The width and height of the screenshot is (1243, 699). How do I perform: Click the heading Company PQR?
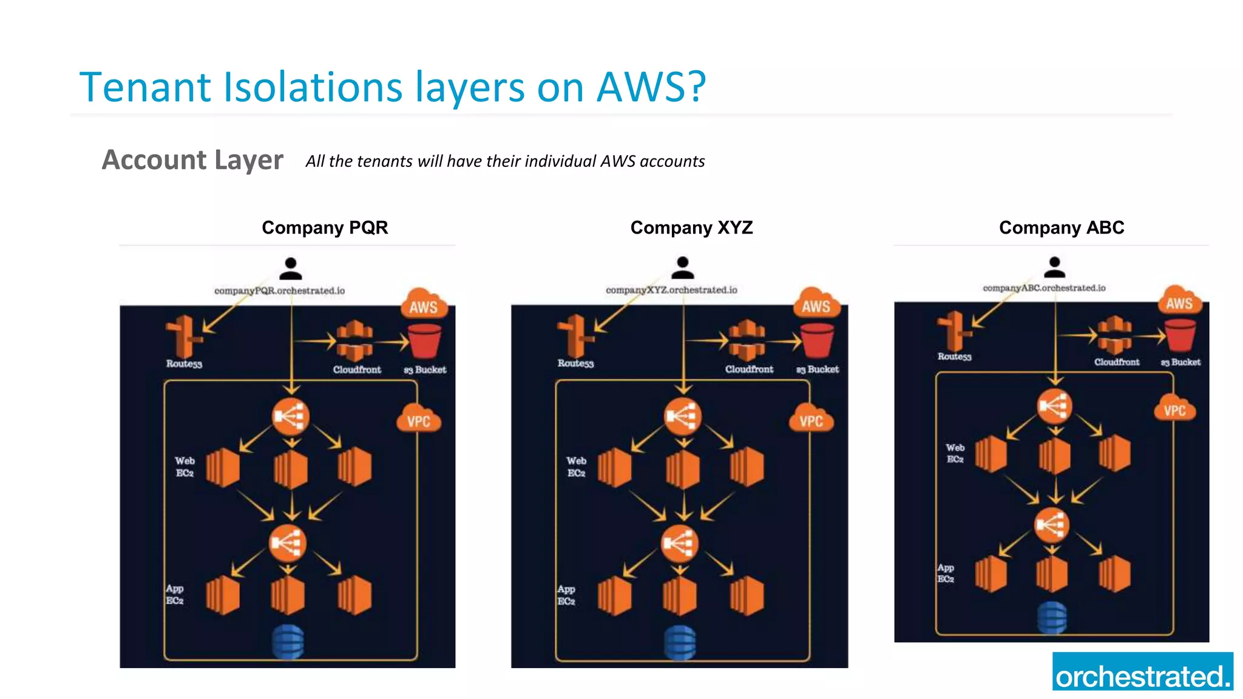pyautogui.click(x=325, y=228)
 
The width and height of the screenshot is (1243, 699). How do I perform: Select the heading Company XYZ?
pyautogui.click(x=691, y=228)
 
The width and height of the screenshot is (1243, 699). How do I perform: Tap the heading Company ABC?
pyautogui.click(x=1062, y=228)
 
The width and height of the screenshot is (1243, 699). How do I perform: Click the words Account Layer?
pyautogui.click(x=192, y=160)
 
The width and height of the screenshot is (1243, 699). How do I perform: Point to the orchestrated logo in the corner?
pyautogui.click(x=1142, y=672)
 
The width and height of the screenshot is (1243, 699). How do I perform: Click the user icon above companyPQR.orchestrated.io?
pyautogui.click(x=291, y=268)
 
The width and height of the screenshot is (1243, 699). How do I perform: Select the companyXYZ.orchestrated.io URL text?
pyautogui.click(x=671, y=290)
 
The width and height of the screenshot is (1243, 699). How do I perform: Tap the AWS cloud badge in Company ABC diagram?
pyautogui.click(x=1179, y=302)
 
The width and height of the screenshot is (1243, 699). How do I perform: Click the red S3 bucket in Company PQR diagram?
pyautogui.click(x=425, y=342)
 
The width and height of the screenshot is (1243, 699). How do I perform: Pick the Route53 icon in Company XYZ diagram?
pyautogui.click(x=574, y=336)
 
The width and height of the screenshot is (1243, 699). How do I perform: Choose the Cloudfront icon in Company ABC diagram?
pyautogui.click(x=1115, y=335)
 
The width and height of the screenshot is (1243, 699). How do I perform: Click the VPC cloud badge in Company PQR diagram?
pyautogui.click(x=419, y=420)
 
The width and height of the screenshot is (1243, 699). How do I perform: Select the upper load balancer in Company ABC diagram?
pyautogui.click(x=1054, y=405)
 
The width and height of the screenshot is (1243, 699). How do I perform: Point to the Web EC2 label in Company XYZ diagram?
pyautogui.click(x=576, y=467)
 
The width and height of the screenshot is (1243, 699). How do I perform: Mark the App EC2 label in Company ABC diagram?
pyautogui.click(x=946, y=573)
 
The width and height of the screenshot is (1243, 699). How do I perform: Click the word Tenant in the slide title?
pyautogui.click(x=145, y=87)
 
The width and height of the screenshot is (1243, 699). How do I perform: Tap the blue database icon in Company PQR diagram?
pyautogui.click(x=288, y=641)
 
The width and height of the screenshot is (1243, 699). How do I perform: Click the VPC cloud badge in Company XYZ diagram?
pyautogui.click(x=811, y=420)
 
